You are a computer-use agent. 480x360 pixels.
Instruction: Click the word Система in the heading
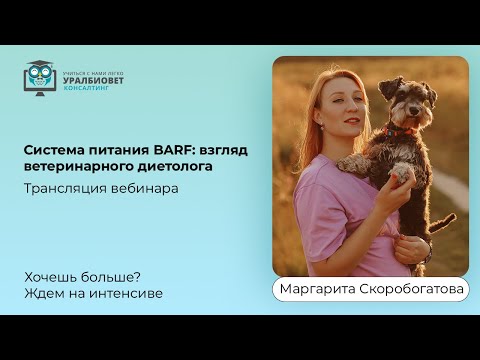click(x=53, y=150)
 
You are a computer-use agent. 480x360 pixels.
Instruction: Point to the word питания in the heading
click(x=112, y=150)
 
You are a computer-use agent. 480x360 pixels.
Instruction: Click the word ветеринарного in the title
click(x=76, y=166)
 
